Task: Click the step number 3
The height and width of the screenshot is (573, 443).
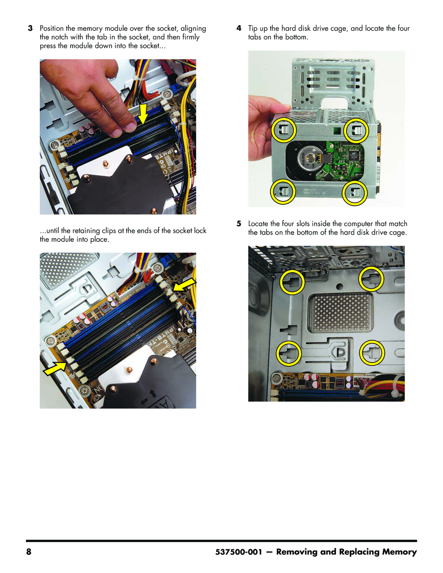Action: click(x=30, y=28)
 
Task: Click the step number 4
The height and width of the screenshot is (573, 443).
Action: click(x=239, y=28)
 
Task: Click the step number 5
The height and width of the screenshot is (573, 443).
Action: click(x=239, y=224)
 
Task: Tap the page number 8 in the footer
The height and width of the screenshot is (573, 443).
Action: click(x=29, y=552)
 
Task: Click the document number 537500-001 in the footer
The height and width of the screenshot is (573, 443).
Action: click(x=239, y=552)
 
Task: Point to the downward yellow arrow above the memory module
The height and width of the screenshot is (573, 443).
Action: click(x=143, y=114)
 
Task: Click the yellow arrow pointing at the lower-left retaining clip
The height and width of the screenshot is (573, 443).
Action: click(x=55, y=368)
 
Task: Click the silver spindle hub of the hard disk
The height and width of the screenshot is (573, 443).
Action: click(x=309, y=159)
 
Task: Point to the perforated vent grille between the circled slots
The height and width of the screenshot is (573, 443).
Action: click(x=340, y=313)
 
